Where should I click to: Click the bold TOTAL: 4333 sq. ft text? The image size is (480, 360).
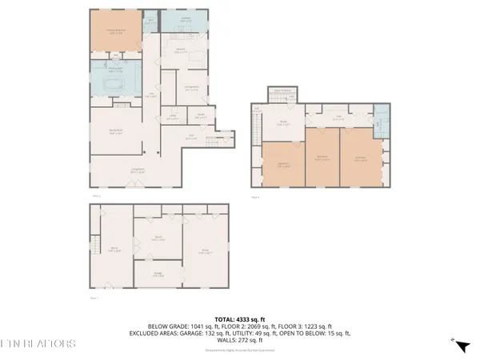tap(239, 318)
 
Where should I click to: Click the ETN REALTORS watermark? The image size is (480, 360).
tap(38, 343)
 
